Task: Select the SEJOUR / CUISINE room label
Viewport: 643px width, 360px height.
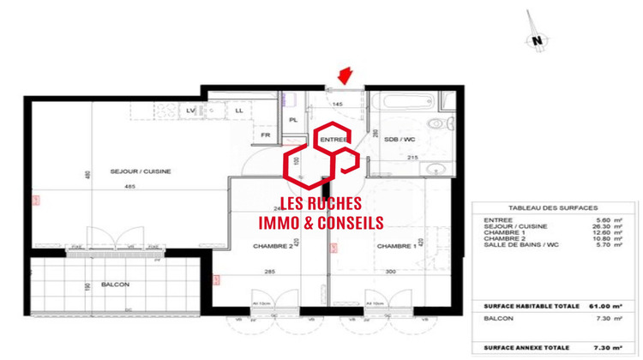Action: [x=141, y=171]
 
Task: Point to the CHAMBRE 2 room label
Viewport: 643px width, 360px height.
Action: [x=273, y=246]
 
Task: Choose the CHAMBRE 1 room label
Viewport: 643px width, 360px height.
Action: [x=394, y=246]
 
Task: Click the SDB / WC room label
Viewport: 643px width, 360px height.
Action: [x=399, y=139]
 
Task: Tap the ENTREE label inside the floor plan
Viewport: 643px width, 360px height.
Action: [x=334, y=139]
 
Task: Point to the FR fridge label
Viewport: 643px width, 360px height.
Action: [x=266, y=135]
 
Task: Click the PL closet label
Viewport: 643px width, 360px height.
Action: [x=293, y=120]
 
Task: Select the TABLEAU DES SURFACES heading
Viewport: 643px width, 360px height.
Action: [x=553, y=208]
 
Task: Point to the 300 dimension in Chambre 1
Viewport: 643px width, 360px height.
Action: [x=391, y=272]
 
